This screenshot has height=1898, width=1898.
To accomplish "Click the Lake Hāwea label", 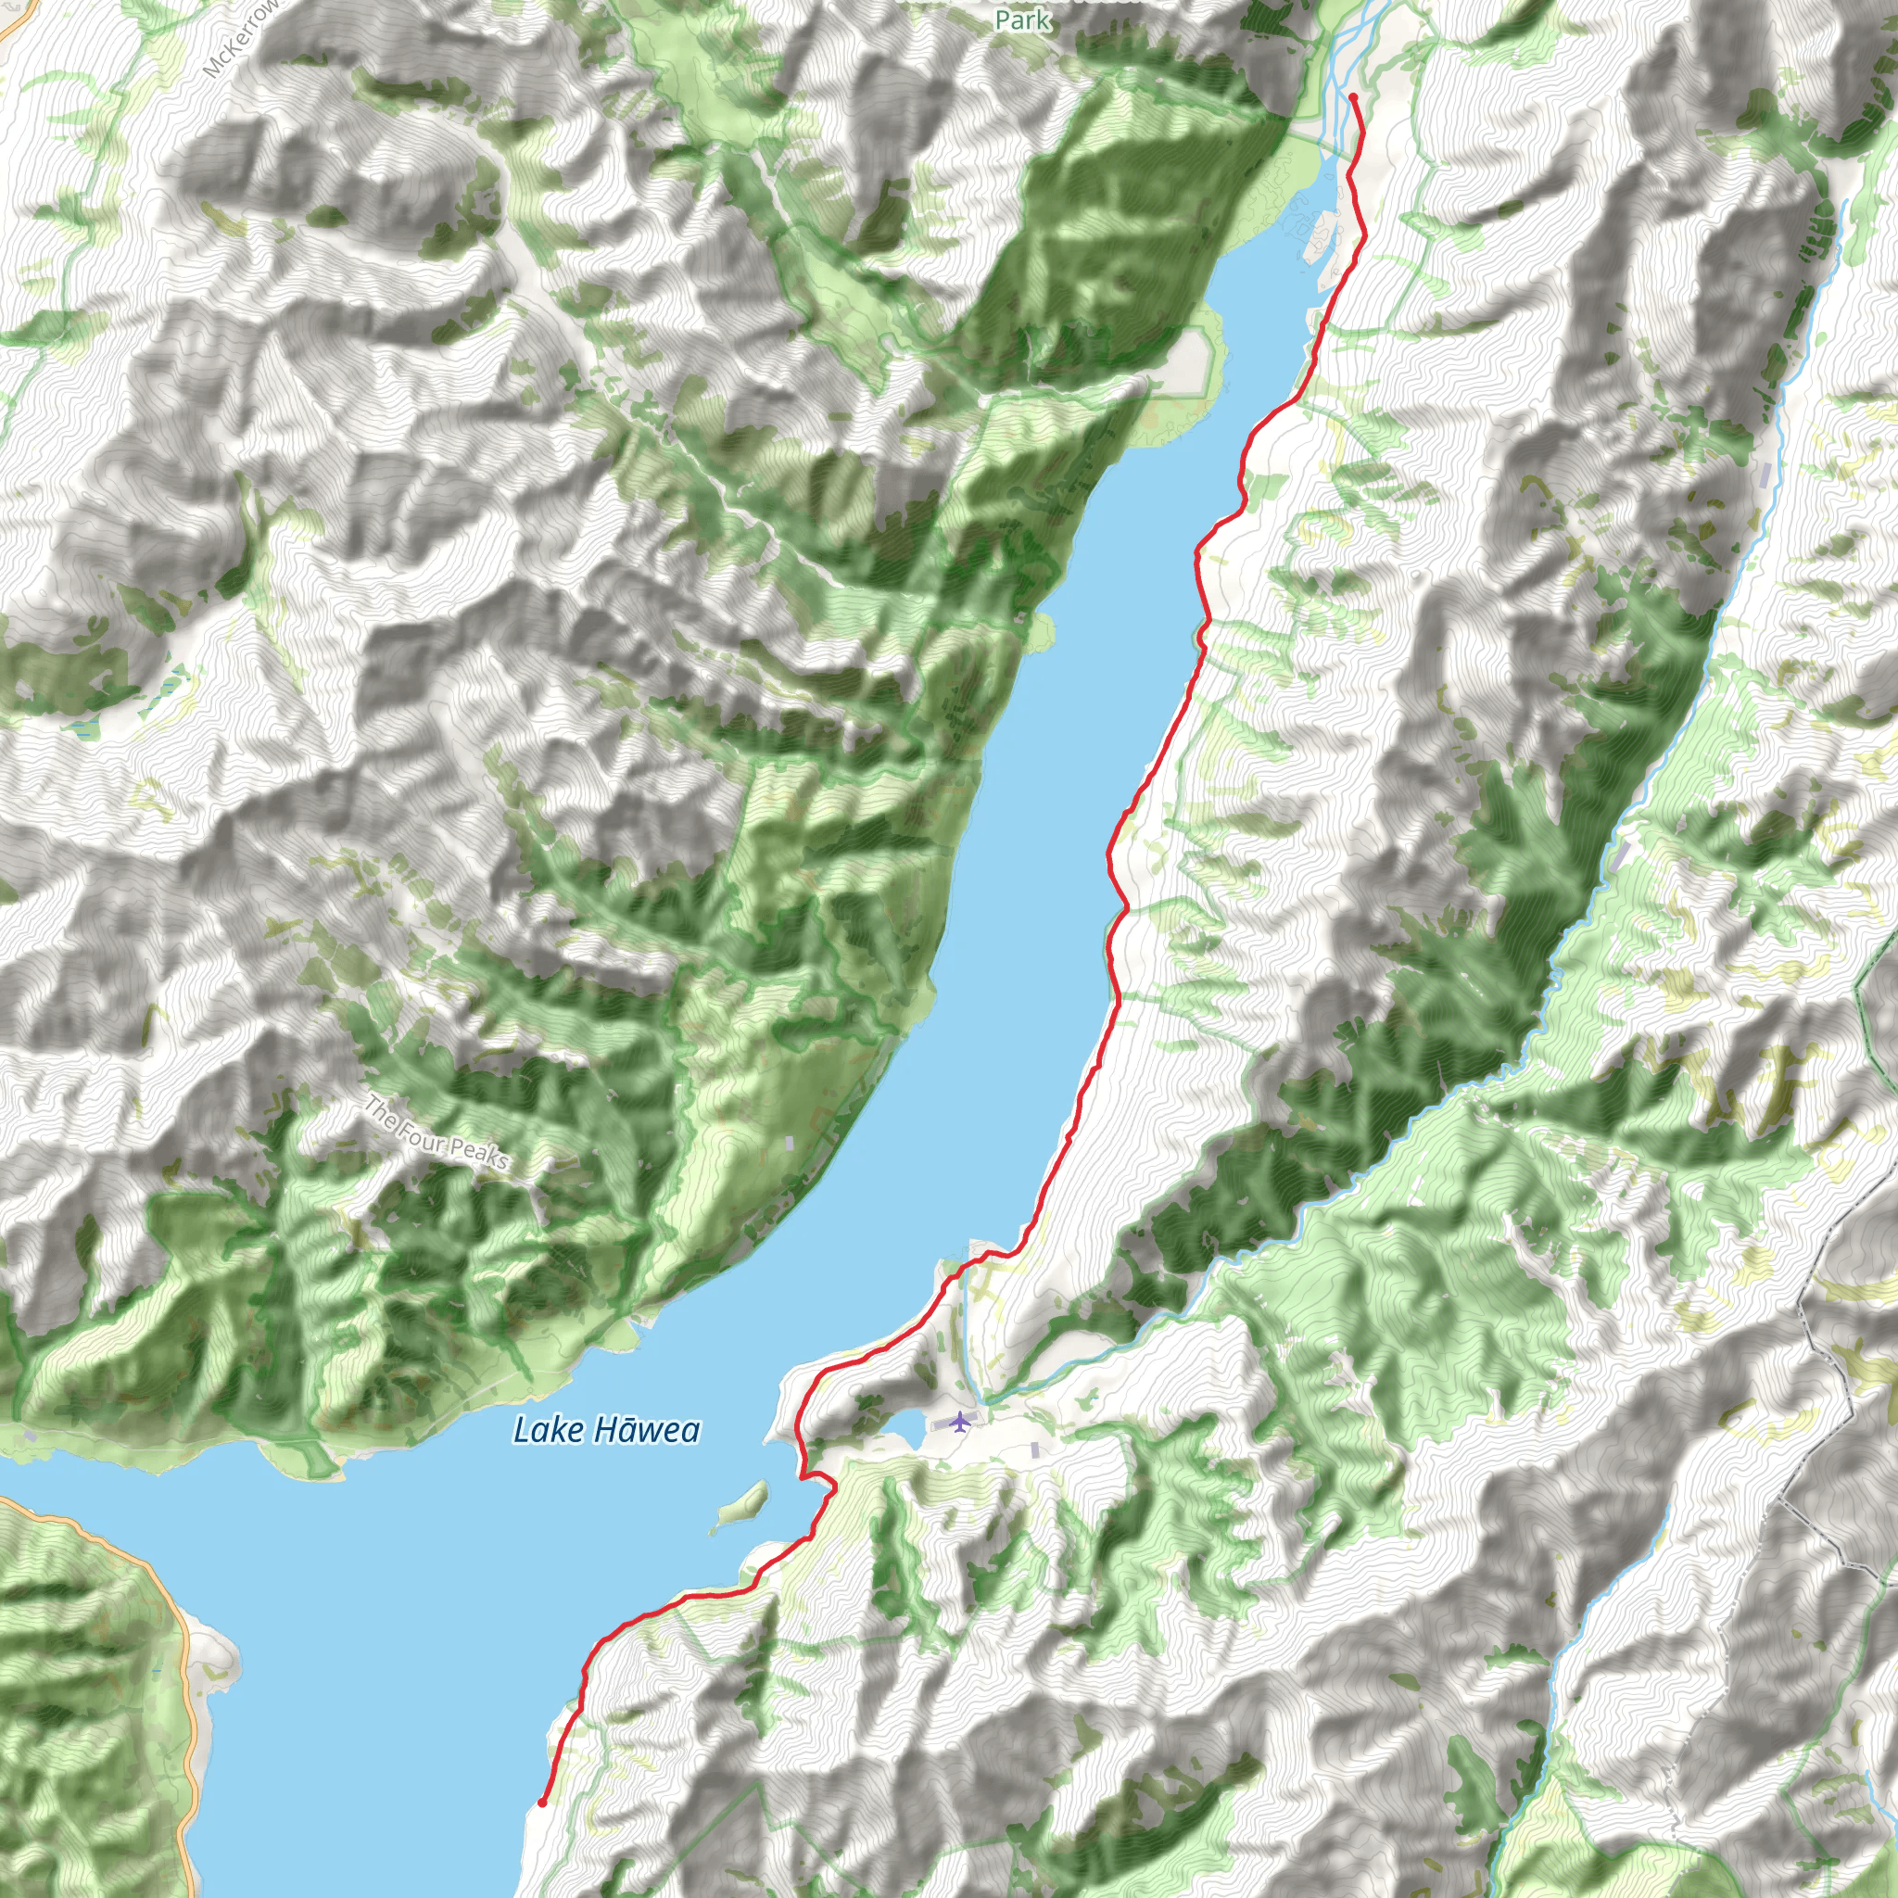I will pyautogui.click(x=606, y=1430).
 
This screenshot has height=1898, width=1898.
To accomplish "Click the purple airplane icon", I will pyautogui.click(x=959, y=1422).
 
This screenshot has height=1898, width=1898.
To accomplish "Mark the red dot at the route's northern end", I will pyautogui.click(x=1353, y=96).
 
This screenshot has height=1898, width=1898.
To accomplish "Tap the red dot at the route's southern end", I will pyautogui.click(x=542, y=1803).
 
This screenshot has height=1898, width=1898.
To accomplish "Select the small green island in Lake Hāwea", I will pyautogui.click(x=741, y=1504).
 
